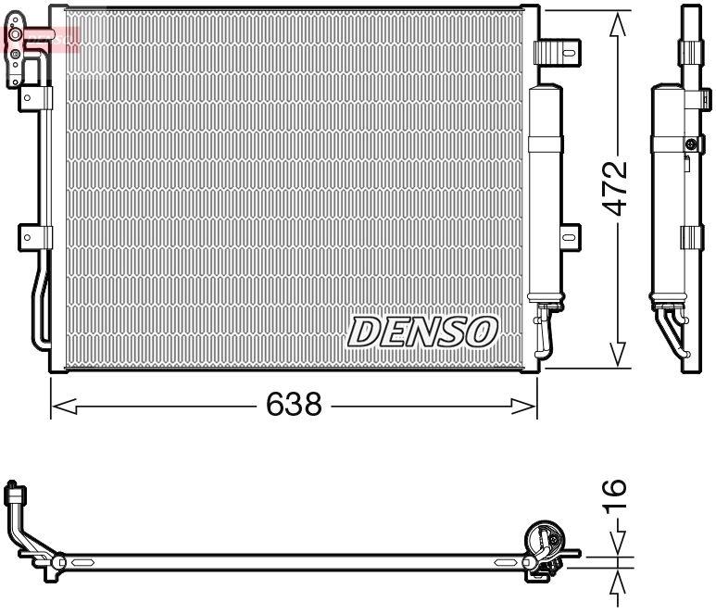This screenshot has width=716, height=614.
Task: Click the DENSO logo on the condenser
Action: [423, 331]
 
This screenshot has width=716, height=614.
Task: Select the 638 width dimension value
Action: [295, 405]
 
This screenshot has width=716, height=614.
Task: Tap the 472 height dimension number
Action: [614, 190]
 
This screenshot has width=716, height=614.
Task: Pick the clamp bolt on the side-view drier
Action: [690, 144]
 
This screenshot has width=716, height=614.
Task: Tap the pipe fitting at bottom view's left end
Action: [13, 494]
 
